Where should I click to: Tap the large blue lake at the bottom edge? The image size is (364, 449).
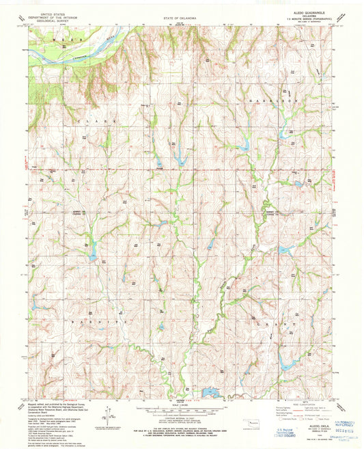click(x=209, y=392)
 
